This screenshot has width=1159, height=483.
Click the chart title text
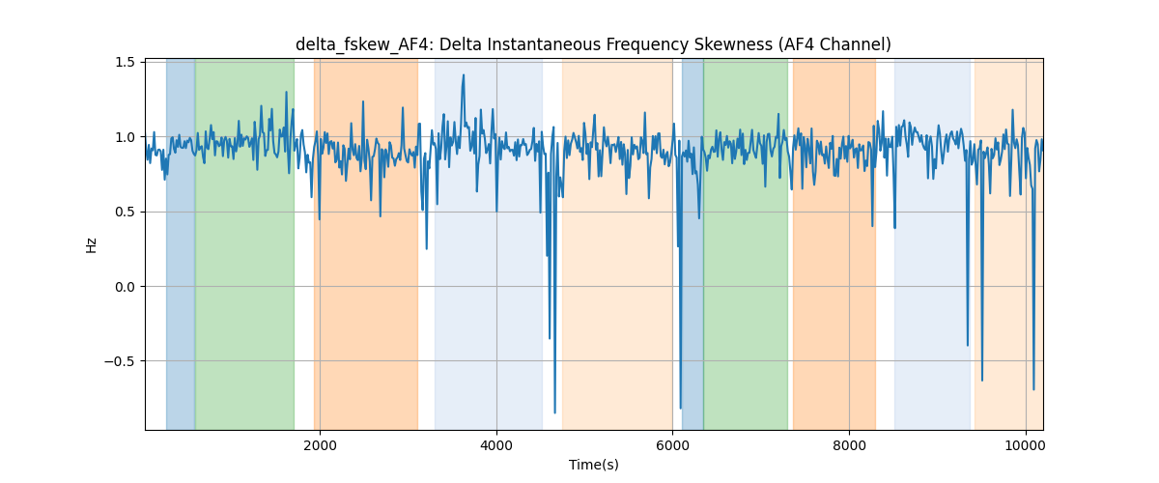[593, 44]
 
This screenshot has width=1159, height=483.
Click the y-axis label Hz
[91, 245]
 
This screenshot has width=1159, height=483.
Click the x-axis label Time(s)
[593, 465]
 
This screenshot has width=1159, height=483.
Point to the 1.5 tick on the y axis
[125, 62]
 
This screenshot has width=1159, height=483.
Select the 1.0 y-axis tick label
[125, 137]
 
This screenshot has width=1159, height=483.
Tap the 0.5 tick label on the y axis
[125, 212]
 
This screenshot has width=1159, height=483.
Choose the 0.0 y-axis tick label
[125, 287]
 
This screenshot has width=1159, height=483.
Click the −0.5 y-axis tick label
[120, 361]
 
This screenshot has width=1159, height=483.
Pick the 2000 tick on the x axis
[320, 445]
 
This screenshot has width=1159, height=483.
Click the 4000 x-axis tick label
[496, 445]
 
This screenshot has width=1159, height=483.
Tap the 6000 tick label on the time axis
[672, 445]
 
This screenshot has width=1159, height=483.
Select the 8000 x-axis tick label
[849, 445]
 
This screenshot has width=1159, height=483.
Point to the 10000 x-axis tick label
[1026, 445]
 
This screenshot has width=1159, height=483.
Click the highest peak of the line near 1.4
[463, 75]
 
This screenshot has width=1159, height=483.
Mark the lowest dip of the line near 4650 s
[554, 412]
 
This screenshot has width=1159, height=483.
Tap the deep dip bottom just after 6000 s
[680, 408]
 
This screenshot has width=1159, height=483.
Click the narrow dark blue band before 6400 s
[693, 244]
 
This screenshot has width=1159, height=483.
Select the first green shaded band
[244, 244]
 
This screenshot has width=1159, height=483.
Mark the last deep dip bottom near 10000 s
[1033, 389]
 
